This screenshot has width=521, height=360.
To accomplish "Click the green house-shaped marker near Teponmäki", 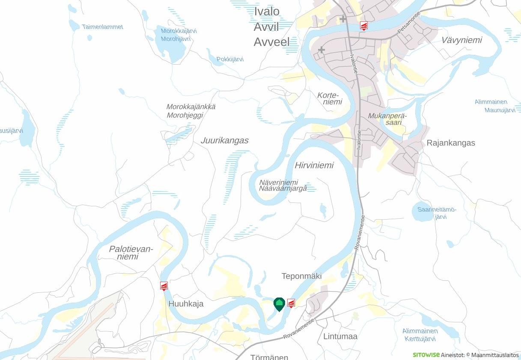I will (x=279, y=304).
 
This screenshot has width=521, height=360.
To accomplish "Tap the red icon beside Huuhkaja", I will (x=164, y=286).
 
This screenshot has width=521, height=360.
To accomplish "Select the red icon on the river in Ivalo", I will (x=363, y=26).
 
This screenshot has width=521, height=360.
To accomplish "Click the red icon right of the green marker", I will (x=291, y=303).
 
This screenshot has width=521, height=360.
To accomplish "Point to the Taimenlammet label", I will (x=102, y=27).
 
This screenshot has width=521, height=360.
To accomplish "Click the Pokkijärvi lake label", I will (x=230, y=59).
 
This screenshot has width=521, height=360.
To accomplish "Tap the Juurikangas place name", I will (x=224, y=140).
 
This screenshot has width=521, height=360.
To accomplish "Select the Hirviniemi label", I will (x=314, y=165).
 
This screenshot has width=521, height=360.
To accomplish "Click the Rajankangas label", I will (x=451, y=143).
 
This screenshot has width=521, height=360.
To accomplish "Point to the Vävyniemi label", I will (x=461, y=40).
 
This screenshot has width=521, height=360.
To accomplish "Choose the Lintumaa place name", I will (x=340, y=336).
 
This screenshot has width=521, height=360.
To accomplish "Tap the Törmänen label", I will (x=269, y=357).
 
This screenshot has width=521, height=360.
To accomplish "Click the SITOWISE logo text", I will (x=426, y=355).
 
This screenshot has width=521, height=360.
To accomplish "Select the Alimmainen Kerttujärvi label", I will (x=420, y=335).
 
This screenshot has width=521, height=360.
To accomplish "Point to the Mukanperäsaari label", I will (x=387, y=119).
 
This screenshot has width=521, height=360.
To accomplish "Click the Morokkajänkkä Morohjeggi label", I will (x=191, y=111).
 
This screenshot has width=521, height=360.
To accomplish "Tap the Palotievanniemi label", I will (x=131, y=253).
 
